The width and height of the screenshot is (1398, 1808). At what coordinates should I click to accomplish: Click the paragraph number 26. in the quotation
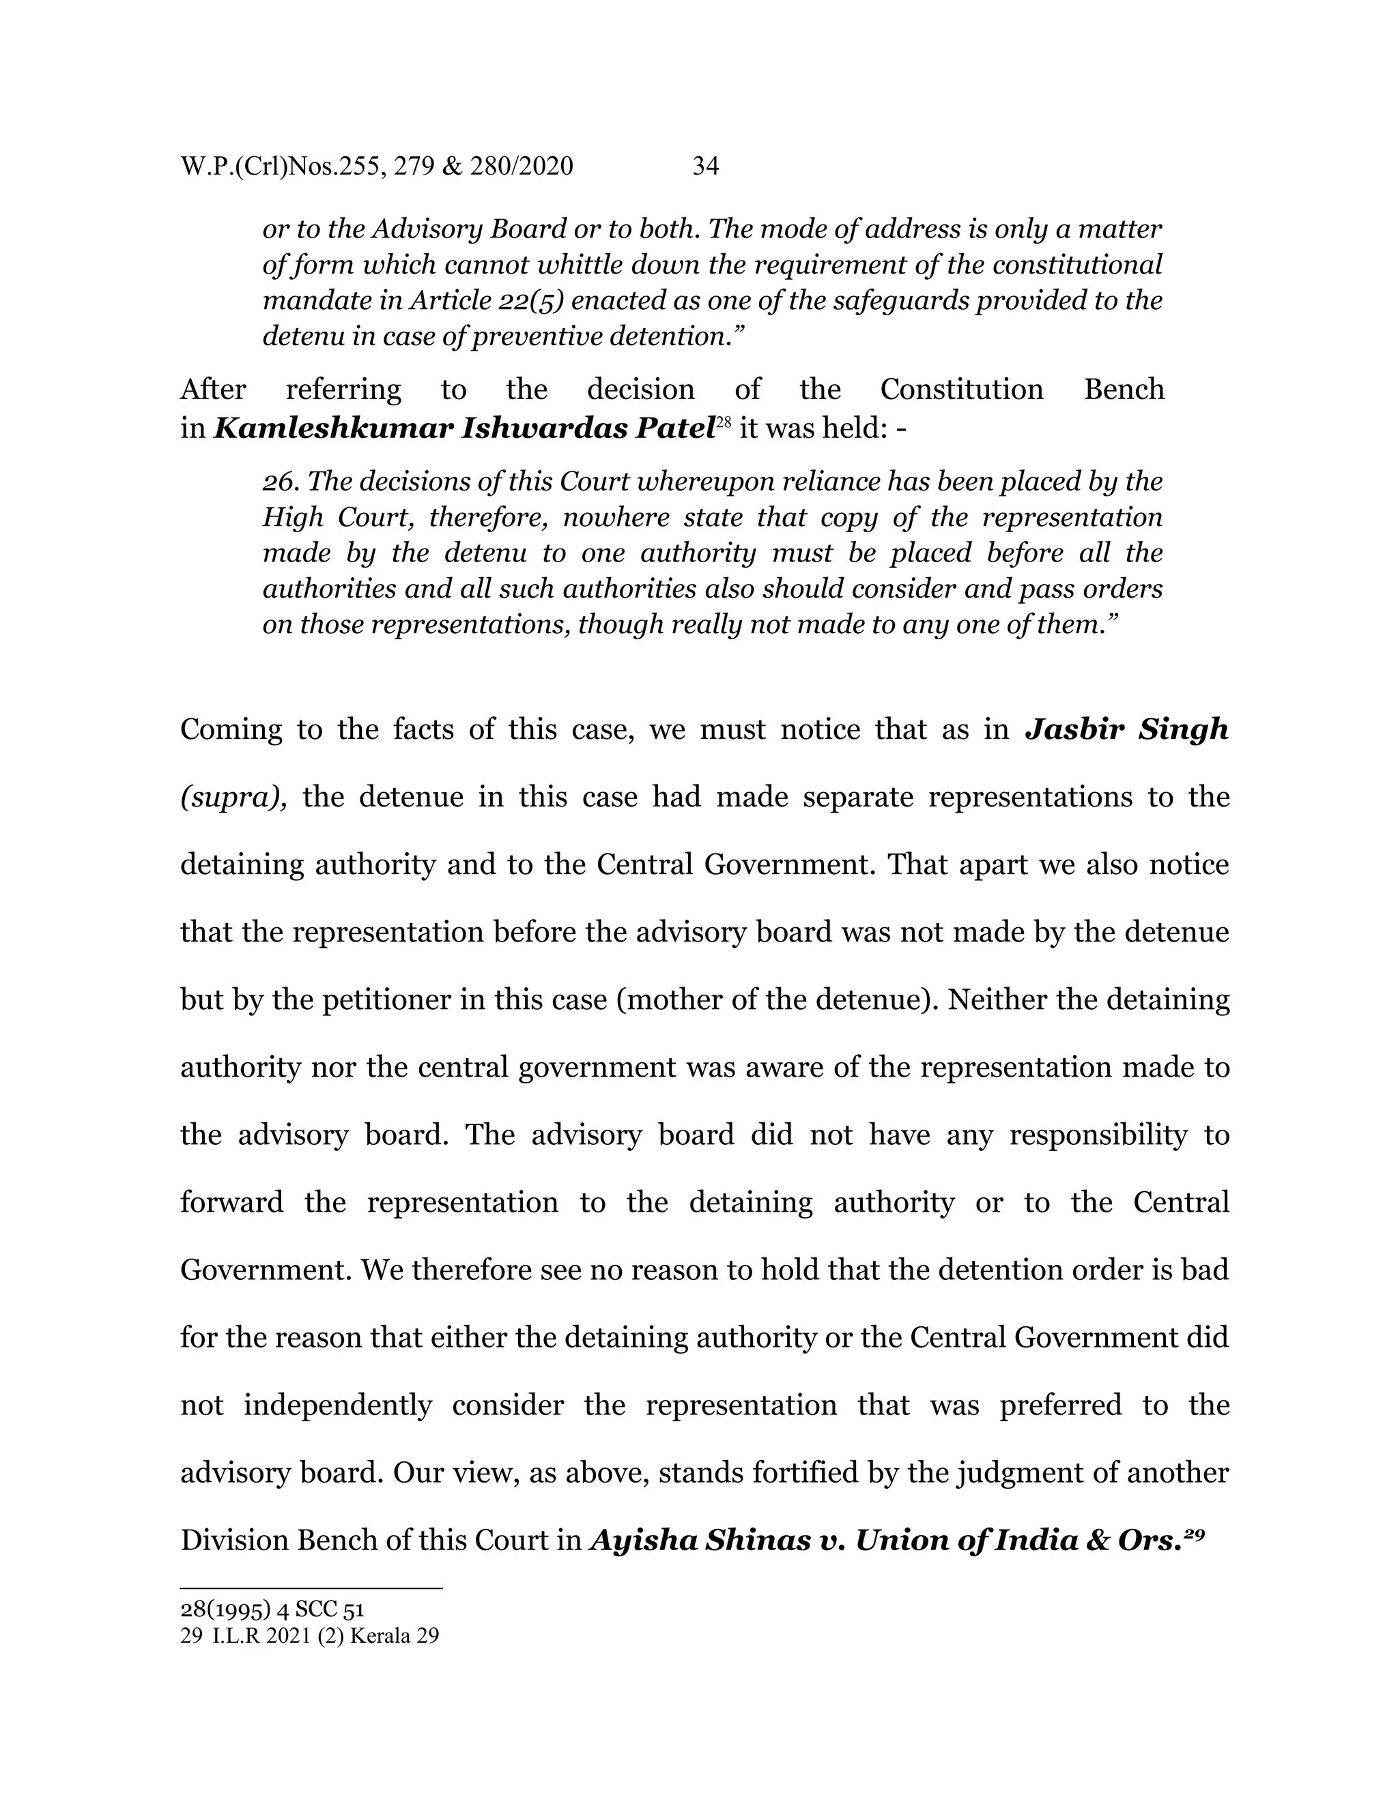pyautogui.click(x=282, y=481)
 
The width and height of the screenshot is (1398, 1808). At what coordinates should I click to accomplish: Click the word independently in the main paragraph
pyautogui.click(x=337, y=1405)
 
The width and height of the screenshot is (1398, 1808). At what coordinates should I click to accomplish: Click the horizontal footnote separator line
pyautogui.click(x=311, y=1588)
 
